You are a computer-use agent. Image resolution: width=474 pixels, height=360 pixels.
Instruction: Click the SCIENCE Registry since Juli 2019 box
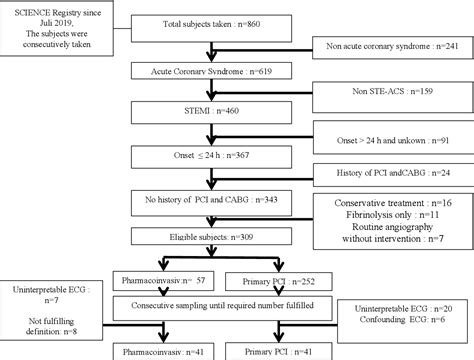(63, 22)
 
